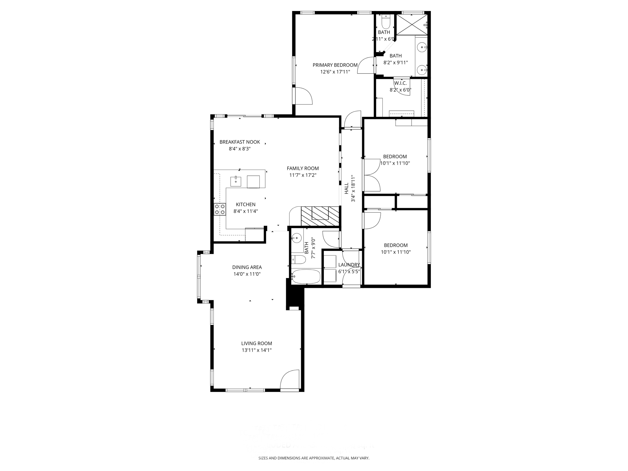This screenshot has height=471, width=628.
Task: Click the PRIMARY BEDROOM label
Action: click(335, 65)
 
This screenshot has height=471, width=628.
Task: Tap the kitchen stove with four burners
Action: click(220, 209)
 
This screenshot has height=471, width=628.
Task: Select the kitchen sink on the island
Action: click(236, 181)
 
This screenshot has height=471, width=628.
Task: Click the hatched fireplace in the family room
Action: click(320, 216)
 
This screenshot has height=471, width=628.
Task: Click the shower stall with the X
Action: click(412, 25)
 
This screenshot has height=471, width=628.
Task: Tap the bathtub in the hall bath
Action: click(306, 277)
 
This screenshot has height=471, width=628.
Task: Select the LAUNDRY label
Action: click(349, 265)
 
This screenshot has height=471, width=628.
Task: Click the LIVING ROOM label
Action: click(256, 343)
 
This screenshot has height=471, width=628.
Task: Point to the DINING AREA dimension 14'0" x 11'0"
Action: click(247, 274)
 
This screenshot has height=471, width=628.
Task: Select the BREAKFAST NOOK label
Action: click(239, 142)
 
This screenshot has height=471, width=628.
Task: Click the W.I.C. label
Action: click(400, 83)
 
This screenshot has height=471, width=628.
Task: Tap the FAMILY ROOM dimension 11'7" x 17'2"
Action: click(303, 175)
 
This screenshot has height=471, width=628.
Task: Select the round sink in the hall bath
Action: click(297, 237)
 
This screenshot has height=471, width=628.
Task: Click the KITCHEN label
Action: click(246, 205)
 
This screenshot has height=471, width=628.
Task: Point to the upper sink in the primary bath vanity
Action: click(423, 47)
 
